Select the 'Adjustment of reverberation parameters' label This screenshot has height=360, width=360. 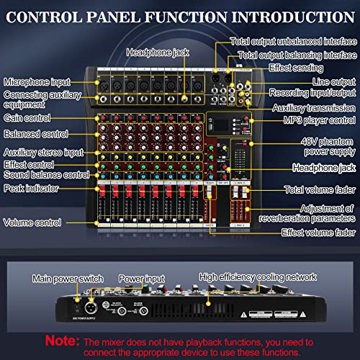pyautogui.click(x=318, y=213)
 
